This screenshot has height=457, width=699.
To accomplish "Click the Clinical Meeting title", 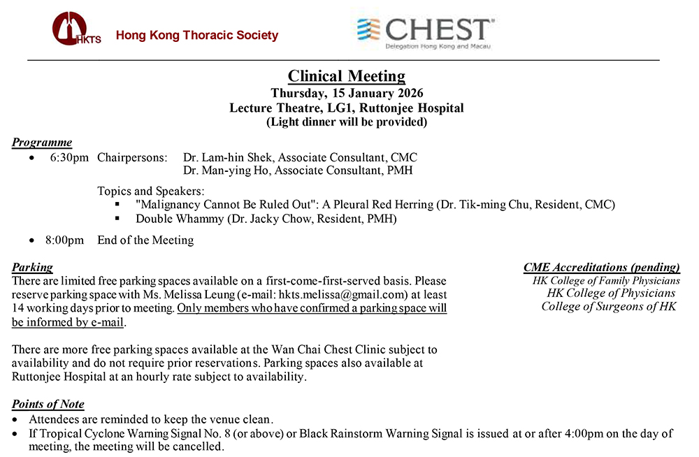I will coord(347,76).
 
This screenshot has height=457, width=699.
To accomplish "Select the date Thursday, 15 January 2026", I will coord(347,93).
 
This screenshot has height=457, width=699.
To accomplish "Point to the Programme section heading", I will coord(42,143).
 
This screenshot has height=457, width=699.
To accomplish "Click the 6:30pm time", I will coord(69,157).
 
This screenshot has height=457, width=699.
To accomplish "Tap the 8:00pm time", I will coord(64,240).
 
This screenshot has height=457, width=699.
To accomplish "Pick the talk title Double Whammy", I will coord(175,219).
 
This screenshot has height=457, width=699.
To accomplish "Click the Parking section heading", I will coord(32,267).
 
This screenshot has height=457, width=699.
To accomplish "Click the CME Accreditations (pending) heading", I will coord(602,267).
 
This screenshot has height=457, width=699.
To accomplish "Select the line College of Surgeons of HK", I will coord(609,306).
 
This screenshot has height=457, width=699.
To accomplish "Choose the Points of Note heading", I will coord(48,404).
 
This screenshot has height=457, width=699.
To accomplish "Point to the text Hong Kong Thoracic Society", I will coord(197,35).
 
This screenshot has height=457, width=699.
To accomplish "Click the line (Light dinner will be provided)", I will coord(347,122).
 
